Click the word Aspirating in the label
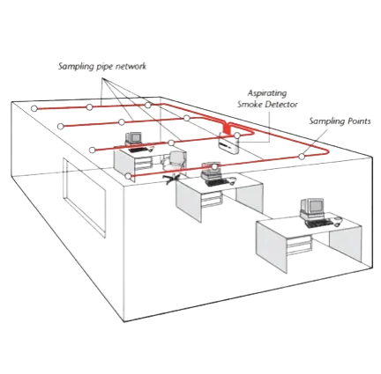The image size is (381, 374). coord(267,93)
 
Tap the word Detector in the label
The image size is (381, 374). coord(281,104)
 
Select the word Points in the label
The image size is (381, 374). coord(359,121)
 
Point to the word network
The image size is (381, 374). coord(131,66)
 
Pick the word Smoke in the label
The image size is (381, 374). coord(250,104)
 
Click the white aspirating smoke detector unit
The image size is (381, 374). coord(228,143)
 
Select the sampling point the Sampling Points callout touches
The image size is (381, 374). coord(302,157)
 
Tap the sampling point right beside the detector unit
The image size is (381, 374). coord(237,136)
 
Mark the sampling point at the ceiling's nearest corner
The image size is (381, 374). coord(128,176)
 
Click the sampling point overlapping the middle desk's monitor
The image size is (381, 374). coord(214,167)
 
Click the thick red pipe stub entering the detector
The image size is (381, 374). coord(228,128)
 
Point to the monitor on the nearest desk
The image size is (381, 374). coord(311,208)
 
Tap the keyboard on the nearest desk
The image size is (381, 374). coord(319,224)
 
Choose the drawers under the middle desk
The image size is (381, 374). coord(212,200)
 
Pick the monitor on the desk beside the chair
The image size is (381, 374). coord(133,138)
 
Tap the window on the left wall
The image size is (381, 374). coord(84,196)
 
